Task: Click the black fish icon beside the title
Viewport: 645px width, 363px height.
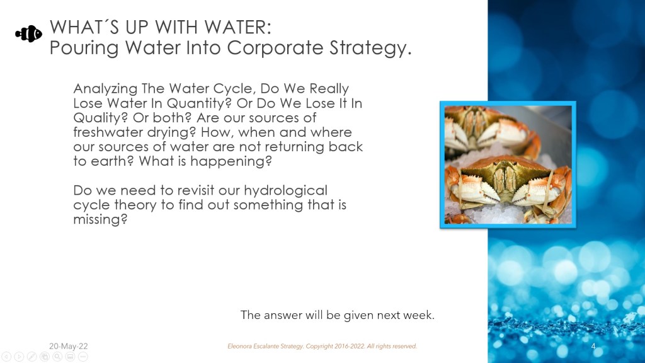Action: click(29, 34)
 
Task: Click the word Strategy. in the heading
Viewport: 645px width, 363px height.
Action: click(370, 49)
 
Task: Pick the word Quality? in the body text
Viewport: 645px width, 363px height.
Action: click(100, 118)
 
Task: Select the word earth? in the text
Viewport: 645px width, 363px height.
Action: click(112, 161)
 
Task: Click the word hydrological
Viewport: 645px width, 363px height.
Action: click(285, 190)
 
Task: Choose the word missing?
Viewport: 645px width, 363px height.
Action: click(100, 219)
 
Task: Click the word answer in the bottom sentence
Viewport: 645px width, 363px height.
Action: click(283, 316)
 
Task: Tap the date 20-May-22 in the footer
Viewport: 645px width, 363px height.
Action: click(68, 346)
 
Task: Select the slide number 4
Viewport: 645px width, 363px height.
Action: click(593, 346)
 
